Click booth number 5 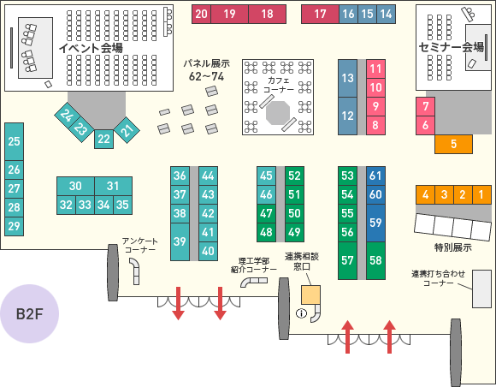(x=453, y=144)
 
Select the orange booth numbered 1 (x=481, y=194)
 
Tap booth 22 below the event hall (x=103, y=139)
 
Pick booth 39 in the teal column (x=180, y=242)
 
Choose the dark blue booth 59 (x=375, y=223)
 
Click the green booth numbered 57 (x=347, y=260)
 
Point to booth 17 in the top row (x=320, y=14)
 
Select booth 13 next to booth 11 (x=347, y=78)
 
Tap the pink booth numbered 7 (x=425, y=106)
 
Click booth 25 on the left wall (x=14, y=141)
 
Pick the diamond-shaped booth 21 (x=127, y=130)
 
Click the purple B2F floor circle (x=29, y=313)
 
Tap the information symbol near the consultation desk (x=301, y=313)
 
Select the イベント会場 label (x=91, y=48)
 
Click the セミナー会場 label (x=451, y=47)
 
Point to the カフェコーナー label (x=279, y=85)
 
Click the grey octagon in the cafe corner (x=278, y=113)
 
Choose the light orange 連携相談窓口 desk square (x=310, y=295)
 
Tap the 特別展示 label (x=453, y=247)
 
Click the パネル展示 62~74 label (x=207, y=70)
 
